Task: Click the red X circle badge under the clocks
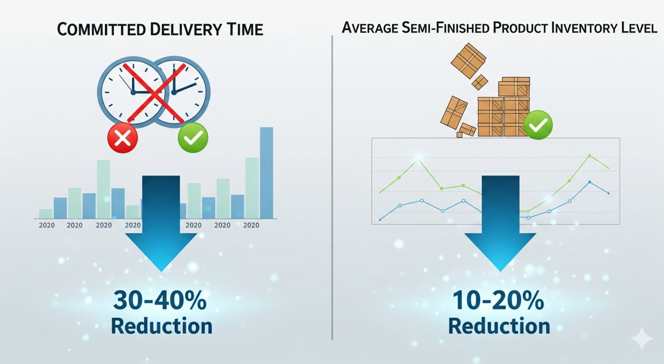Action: tap(123, 138)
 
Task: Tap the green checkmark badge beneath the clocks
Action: tap(193, 138)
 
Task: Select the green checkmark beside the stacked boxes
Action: tap(538, 125)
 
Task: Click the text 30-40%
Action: tap(160, 300)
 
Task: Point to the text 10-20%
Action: tap(499, 300)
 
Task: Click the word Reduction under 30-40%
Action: tap(161, 326)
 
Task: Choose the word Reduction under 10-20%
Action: tap(499, 326)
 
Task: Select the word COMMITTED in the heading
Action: tap(101, 30)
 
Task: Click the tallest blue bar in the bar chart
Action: tap(266, 173)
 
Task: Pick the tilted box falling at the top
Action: tap(468, 61)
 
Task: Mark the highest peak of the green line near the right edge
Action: tap(589, 155)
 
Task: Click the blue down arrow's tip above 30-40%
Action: tap(161, 271)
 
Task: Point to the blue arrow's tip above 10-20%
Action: tap(500, 271)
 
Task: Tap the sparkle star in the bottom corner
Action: tap(642, 338)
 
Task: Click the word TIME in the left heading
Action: tap(245, 30)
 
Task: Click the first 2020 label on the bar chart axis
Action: tap(47, 225)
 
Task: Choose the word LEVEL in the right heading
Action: tap(640, 28)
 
